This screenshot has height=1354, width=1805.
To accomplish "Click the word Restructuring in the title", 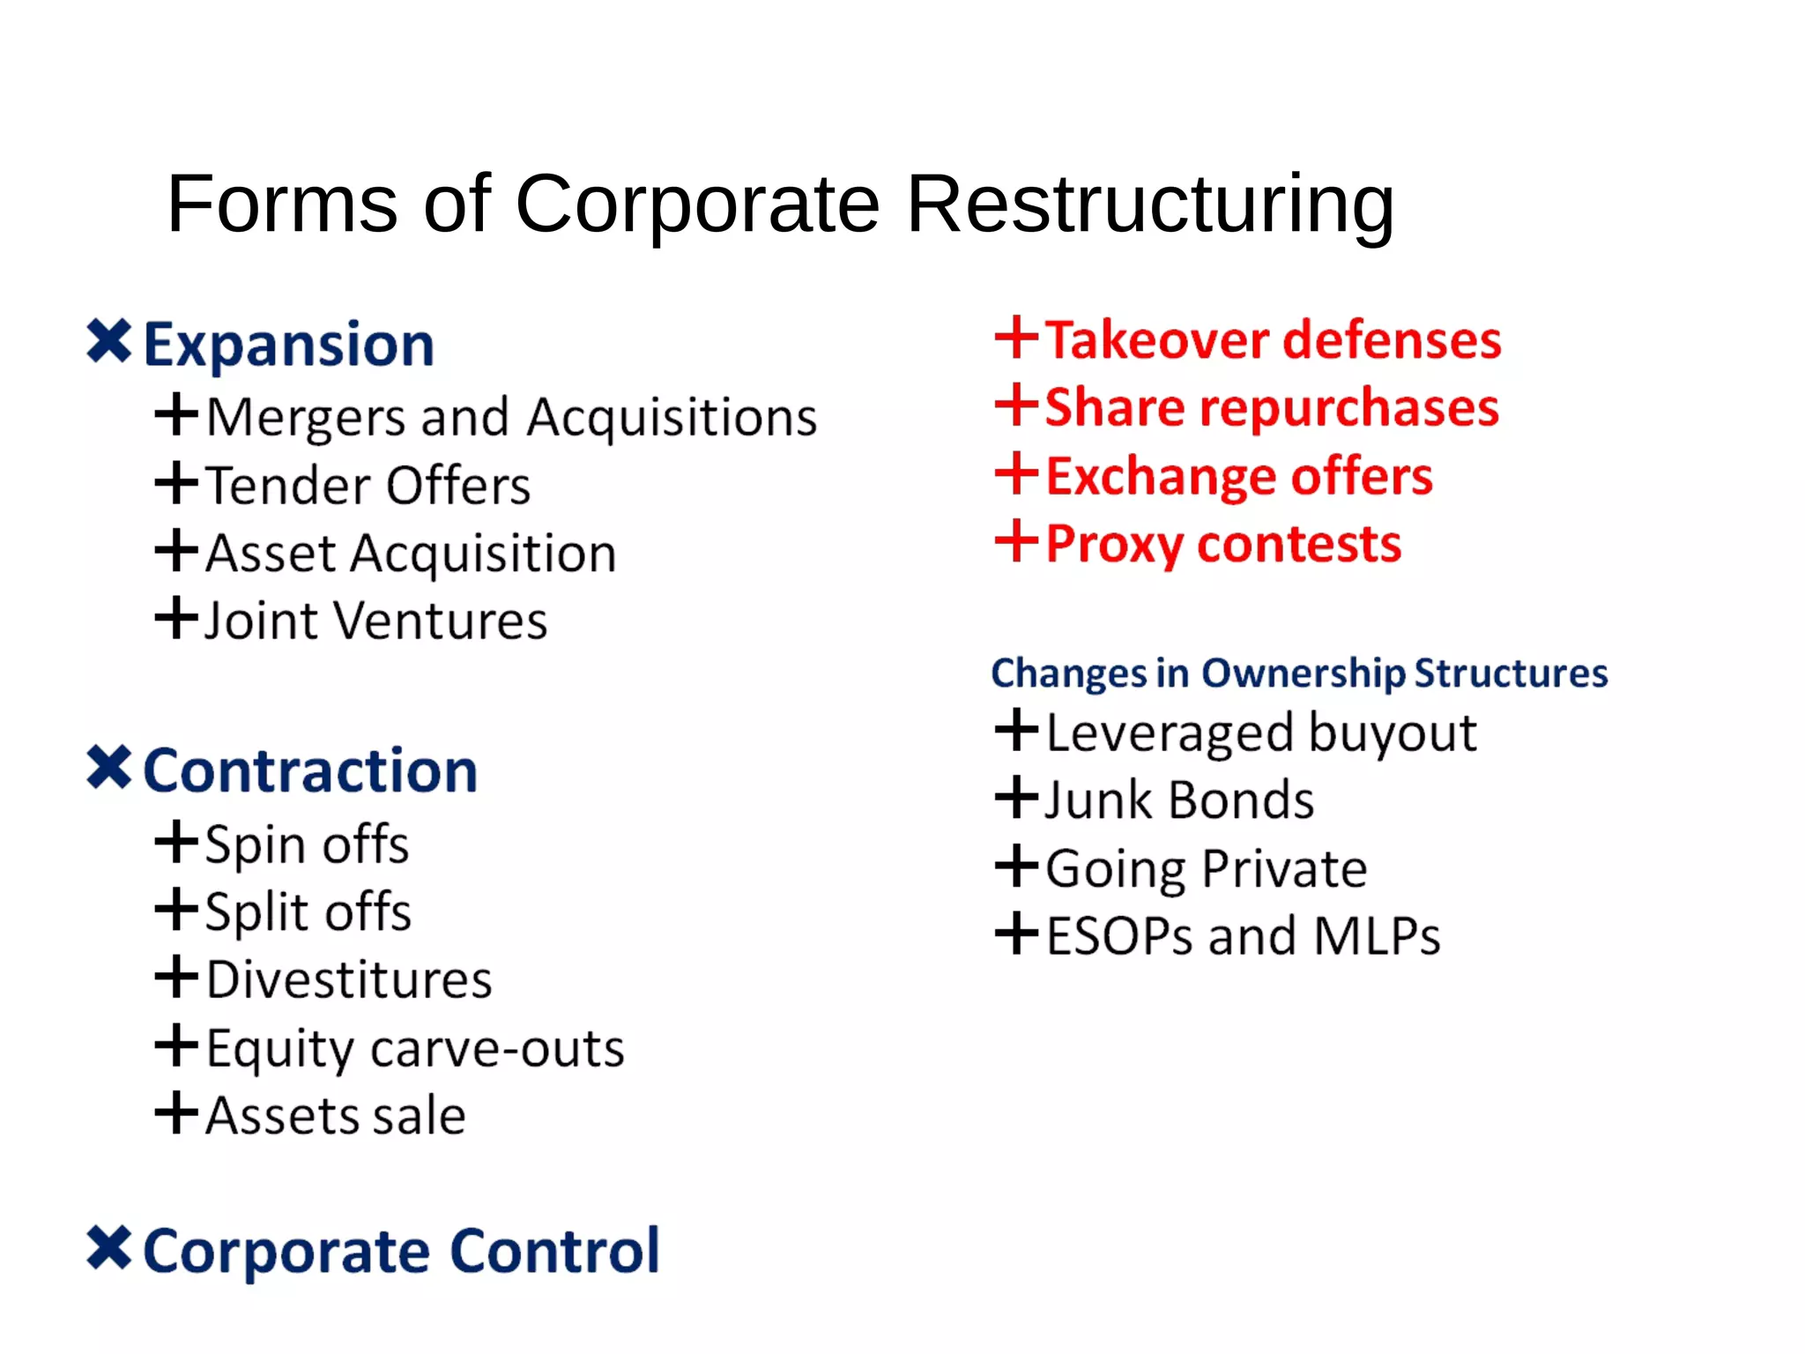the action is (1149, 205).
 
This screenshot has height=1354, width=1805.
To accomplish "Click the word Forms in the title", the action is (282, 205).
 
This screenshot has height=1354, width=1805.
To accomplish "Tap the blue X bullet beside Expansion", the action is (109, 341).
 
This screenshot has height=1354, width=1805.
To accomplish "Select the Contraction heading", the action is (309, 770).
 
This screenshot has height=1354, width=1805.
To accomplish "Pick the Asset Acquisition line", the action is (410, 554).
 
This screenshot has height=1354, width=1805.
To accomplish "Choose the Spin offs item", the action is (306, 844).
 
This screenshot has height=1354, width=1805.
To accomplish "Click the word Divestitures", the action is (349, 980).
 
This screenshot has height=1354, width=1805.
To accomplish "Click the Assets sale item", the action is (335, 1115).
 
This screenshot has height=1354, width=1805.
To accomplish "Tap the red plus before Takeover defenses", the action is (1016, 338).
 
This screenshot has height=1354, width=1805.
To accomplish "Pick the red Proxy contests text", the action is (1223, 544).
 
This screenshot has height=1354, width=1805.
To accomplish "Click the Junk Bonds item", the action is (1178, 800).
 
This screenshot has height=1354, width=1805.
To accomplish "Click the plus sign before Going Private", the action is (1016, 866).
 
